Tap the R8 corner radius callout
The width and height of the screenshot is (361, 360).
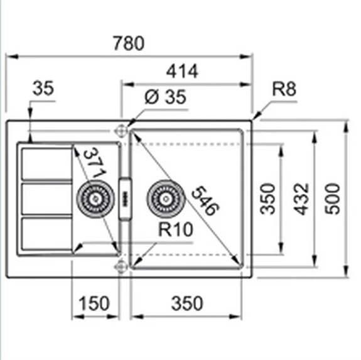pyautogui.click(x=283, y=90)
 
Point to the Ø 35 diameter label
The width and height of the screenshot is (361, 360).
pyautogui.click(x=165, y=97)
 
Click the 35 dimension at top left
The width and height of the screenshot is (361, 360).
pyautogui.click(x=43, y=89)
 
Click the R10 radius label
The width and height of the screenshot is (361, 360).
pyautogui.click(x=175, y=231)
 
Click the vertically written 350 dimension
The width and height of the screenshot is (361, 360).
pyautogui.click(x=269, y=199)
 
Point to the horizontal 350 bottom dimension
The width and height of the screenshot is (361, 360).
pyautogui.click(x=186, y=303)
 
